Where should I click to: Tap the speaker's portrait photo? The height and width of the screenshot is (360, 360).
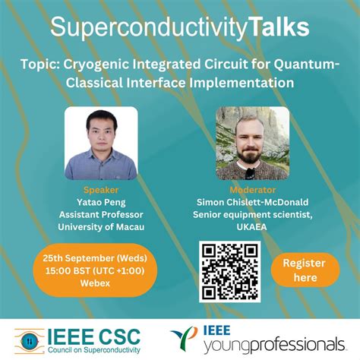[x=101, y=143]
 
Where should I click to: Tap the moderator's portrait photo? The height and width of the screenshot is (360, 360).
[x=252, y=143]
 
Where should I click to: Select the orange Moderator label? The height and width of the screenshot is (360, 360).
[x=252, y=189]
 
